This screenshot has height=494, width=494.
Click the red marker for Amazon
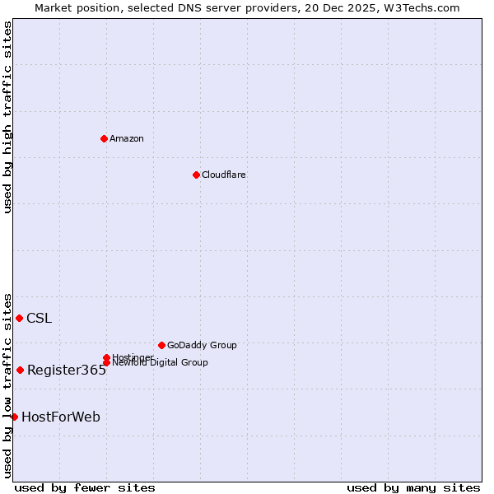tap(104, 138)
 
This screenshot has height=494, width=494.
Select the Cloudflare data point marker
tap(196, 175)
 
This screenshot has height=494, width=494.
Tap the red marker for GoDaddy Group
tap(161, 345)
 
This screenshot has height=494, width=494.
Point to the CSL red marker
tap(19, 318)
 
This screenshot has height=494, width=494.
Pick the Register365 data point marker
tap(20, 370)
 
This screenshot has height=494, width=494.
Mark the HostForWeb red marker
tap(14, 417)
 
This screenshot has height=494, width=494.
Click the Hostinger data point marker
tap(106, 357)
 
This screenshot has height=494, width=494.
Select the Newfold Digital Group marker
tap(106, 363)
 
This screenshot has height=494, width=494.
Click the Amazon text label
tap(127, 138)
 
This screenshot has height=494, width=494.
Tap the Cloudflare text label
tap(223, 175)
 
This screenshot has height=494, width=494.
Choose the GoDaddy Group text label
tap(202, 345)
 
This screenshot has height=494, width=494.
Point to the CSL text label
tap(39, 319)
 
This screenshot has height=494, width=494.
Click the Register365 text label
tap(67, 370)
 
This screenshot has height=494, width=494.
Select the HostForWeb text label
tap(61, 417)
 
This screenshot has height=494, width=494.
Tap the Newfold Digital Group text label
tap(160, 363)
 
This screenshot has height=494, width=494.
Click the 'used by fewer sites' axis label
tap(85, 487)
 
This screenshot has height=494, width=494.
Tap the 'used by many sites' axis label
tap(413, 487)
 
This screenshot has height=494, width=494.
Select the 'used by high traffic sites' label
tap(7, 117)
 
